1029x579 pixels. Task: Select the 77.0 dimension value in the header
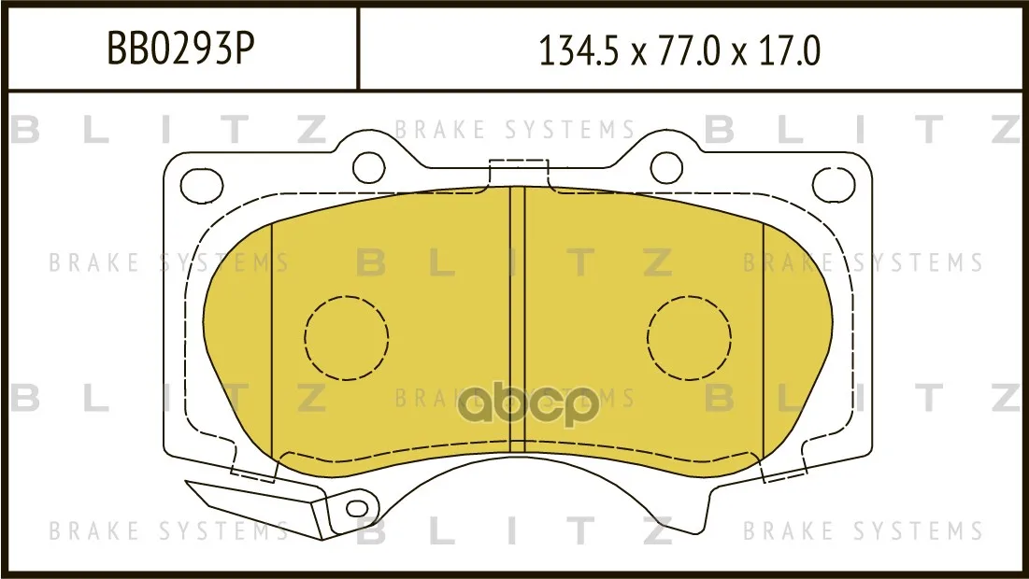680,51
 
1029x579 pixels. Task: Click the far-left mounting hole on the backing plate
202,184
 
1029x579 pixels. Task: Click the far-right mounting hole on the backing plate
834,184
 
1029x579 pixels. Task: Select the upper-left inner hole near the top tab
369,167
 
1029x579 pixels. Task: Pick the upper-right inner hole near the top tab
666,167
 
